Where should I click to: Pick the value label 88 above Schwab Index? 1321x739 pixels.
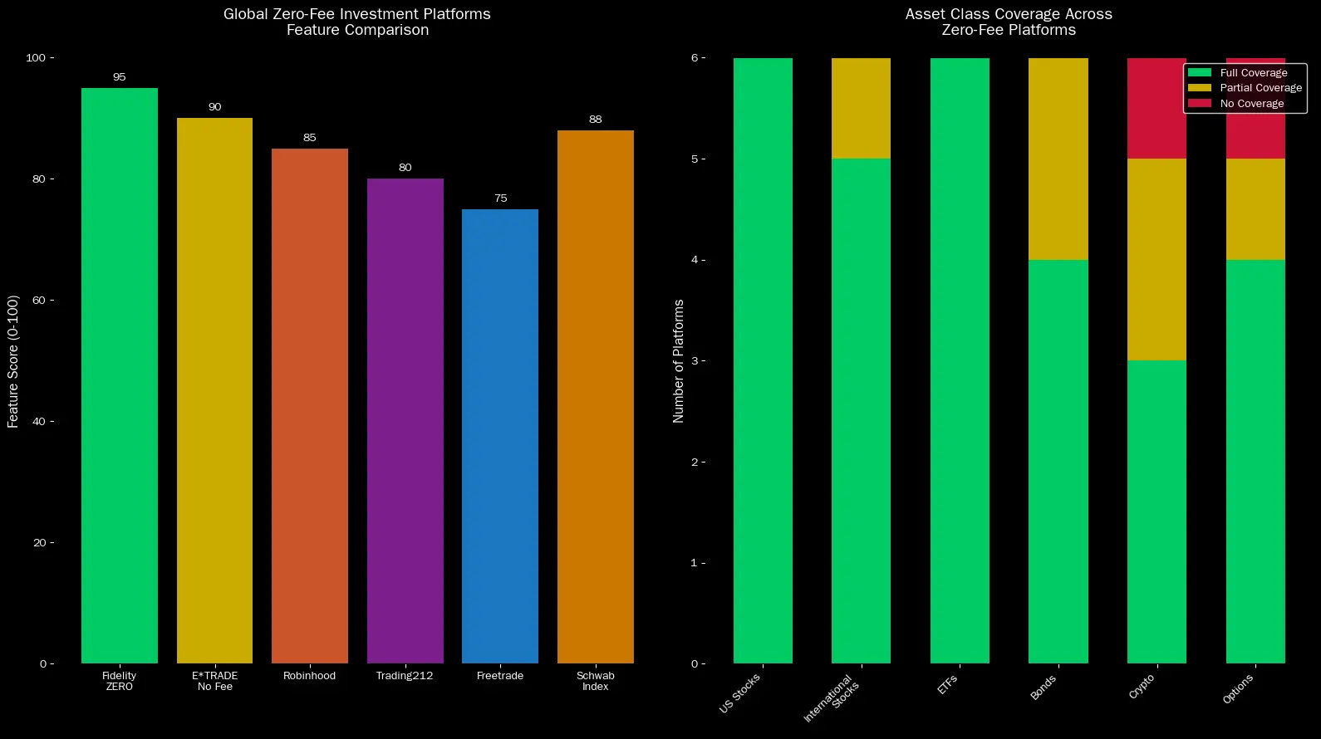[x=595, y=120]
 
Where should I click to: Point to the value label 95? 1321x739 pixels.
[x=119, y=77]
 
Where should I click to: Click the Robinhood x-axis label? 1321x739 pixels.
[x=309, y=676]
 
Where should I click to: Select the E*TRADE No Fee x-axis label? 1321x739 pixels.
[x=214, y=681]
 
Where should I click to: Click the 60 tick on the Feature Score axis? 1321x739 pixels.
[x=38, y=301]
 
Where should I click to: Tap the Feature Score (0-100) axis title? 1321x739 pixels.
[x=13, y=361]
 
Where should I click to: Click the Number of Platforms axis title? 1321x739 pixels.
[x=679, y=361]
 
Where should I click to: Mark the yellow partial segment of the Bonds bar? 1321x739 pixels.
[x=1058, y=159]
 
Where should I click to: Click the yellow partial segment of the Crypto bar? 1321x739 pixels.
[x=1156, y=259]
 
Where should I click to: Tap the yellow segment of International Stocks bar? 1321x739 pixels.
[x=861, y=108]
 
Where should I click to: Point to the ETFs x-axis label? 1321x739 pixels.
[x=948, y=685]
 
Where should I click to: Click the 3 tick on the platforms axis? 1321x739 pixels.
[x=694, y=361]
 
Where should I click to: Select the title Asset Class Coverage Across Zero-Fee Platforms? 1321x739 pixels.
[x=1009, y=22]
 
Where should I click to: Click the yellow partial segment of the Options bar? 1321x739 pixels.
[x=1255, y=209]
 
